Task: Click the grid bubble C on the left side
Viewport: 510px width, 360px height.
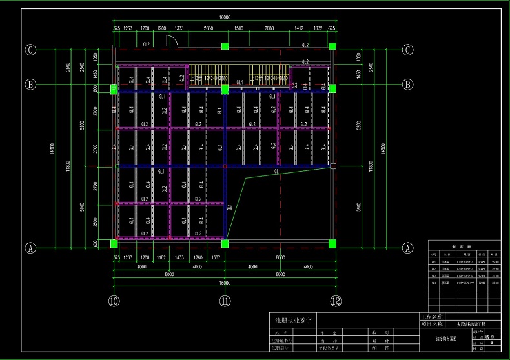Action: point(30,50)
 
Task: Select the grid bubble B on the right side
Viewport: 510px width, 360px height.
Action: point(407,84)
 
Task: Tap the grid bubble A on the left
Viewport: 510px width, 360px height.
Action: point(30,247)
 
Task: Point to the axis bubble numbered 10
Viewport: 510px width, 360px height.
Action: point(114,301)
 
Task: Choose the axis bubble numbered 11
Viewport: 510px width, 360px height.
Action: point(225,301)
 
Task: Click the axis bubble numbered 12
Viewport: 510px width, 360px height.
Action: point(336,301)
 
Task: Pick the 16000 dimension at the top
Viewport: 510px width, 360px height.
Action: point(224,17)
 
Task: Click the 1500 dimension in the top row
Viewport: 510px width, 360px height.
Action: point(238,29)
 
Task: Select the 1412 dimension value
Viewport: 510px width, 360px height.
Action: point(299,29)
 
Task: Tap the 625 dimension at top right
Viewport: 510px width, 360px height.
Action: point(332,29)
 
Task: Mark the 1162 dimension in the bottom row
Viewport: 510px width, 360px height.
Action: point(161,257)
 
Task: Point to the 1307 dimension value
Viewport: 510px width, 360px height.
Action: point(217,257)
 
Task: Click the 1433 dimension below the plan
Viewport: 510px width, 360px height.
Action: point(179,257)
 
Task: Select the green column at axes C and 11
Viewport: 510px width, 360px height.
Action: point(225,46)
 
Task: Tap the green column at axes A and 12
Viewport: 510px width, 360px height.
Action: point(332,244)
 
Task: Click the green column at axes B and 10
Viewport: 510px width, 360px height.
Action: point(114,89)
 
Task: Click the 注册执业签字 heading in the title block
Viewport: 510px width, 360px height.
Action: point(294,320)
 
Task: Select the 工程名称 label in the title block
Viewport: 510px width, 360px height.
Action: point(432,317)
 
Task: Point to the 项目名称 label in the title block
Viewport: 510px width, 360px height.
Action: point(432,324)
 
